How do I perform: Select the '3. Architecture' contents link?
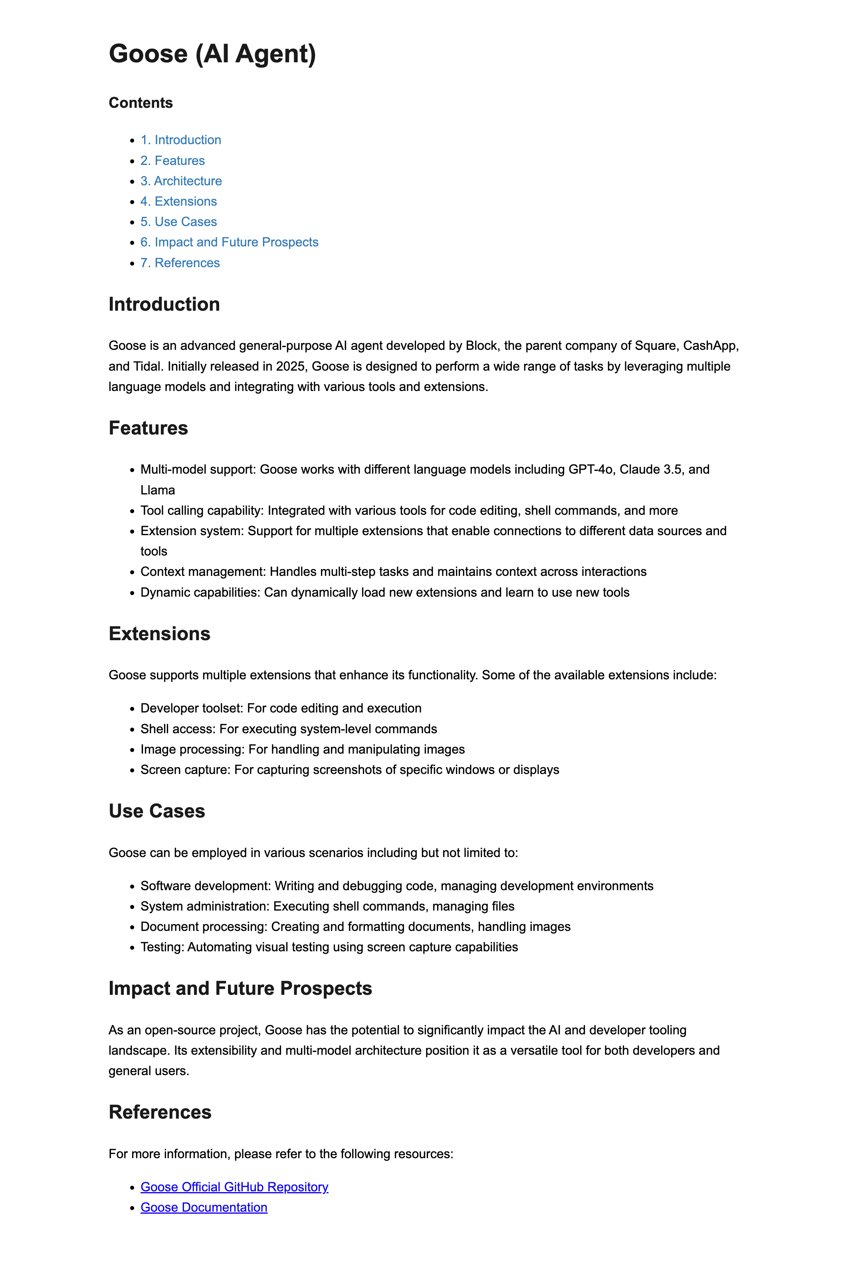pos(181,181)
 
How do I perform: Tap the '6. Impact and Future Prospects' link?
pos(229,242)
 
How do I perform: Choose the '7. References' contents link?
pos(180,263)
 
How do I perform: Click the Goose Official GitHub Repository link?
pos(234,1187)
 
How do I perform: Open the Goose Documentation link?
pos(204,1207)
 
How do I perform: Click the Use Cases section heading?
pos(157,811)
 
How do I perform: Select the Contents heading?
pos(141,103)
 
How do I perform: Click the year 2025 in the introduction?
pos(290,367)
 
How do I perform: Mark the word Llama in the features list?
pos(157,490)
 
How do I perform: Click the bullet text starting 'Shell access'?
pos(288,729)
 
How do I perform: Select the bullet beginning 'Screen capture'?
pos(350,770)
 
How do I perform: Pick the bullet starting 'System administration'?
pos(327,906)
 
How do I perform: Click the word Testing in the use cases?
pos(162,947)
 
